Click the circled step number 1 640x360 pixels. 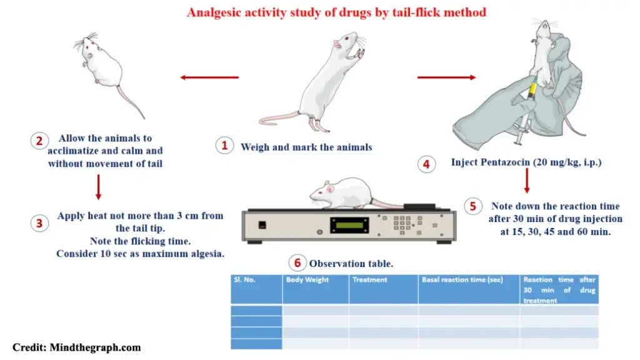pyautogui.click(x=224, y=146)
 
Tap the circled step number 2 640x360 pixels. pyautogui.click(x=39, y=141)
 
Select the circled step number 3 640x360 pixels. pyautogui.click(x=39, y=223)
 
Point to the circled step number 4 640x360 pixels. pyautogui.click(x=426, y=164)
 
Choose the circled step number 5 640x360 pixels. pyautogui.click(x=473, y=206)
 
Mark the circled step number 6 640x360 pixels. pyautogui.click(x=297, y=262)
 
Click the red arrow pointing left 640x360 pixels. pyautogui.click(x=209, y=77)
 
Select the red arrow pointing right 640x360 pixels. pyautogui.click(x=446, y=77)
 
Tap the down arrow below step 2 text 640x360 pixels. pyautogui.click(x=98, y=187)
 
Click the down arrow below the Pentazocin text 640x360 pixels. pyautogui.click(x=527, y=181)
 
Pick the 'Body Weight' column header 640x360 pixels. pyautogui.click(x=307, y=280)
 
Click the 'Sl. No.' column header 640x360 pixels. pyautogui.click(x=245, y=280)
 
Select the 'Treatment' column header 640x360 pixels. pyautogui.click(x=370, y=280)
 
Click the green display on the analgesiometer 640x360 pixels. pyautogui.click(x=349, y=225)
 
